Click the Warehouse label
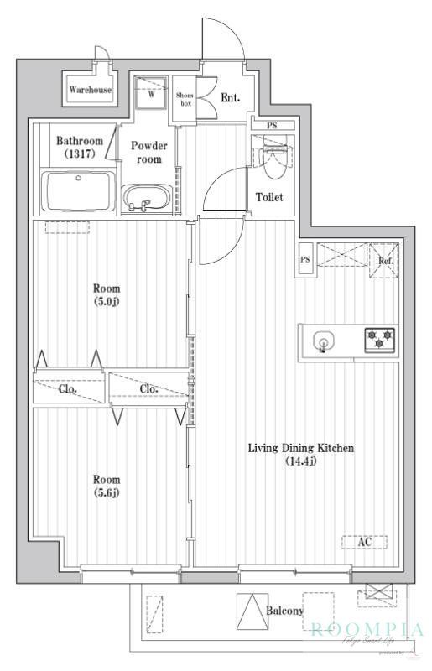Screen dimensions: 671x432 [x=90, y=90]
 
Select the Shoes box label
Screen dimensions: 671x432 [x=185, y=100]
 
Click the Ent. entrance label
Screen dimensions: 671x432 [x=231, y=98]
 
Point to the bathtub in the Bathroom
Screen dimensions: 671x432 [x=80, y=192]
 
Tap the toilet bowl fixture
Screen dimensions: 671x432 [x=273, y=161]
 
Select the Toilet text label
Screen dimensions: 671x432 [x=269, y=198]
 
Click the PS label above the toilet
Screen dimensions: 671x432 [x=271, y=126]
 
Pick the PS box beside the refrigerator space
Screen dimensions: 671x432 [x=305, y=260]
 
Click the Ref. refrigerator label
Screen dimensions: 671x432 [x=386, y=261]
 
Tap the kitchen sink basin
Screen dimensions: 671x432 [x=323, y=341]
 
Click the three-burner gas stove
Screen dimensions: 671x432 [x=379, y=340]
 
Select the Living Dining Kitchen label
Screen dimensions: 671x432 [x=300, y=455]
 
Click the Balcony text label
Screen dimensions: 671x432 [x=285, y=611]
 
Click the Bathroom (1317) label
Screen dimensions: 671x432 [x=79, y=148]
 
